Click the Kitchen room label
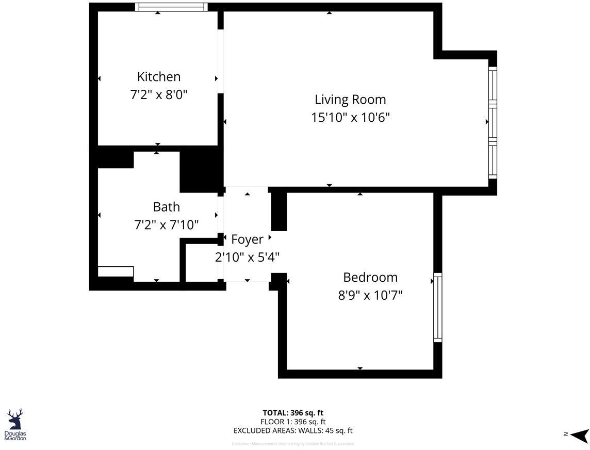pos(159,77)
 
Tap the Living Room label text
pos(350,99)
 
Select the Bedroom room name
pos(370,277)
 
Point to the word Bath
pos(167,207)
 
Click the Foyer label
pos(247,239)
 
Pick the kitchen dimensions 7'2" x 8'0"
pos(159,95)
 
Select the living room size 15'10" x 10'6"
pos(350,118)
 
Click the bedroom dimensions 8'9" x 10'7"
pos(370,295)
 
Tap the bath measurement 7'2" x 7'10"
pos(167,225)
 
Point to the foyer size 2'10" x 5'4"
pos(247,257)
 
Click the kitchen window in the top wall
pos(171,7)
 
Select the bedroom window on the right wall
pos(437,308)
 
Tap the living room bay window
pos(493,123)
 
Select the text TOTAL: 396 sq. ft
pos(293,413)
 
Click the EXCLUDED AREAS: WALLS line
pos(293,430)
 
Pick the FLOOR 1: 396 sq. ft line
pos(293,422)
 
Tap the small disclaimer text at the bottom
pos(293,444)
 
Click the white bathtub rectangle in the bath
pos(116,271)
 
